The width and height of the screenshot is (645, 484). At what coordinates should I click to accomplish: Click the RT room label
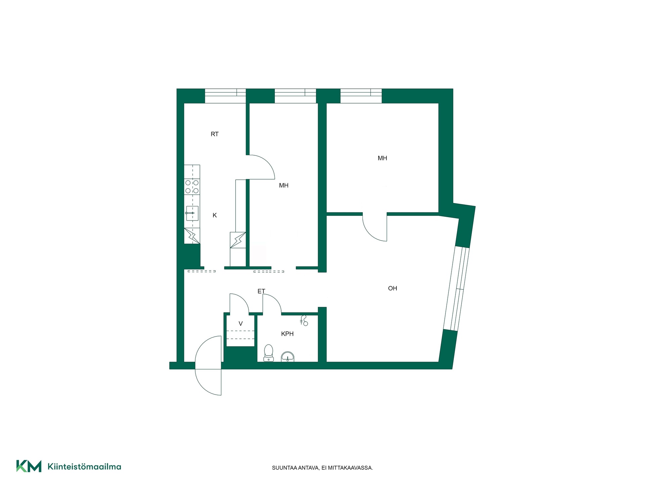tap(214, 134)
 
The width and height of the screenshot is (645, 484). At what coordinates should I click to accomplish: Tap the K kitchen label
tap(215, 215)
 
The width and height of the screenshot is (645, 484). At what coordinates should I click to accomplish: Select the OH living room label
tap(392, 288)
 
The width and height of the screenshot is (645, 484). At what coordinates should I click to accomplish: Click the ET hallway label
tap(261, 291)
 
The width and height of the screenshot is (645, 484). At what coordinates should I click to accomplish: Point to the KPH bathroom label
tap(287, 334)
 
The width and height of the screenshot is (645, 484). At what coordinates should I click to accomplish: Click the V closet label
tap(241, 324)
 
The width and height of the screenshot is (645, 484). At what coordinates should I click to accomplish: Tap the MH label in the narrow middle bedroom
tap(284, 186)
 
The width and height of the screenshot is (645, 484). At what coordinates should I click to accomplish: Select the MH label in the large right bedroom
tap(382, 158)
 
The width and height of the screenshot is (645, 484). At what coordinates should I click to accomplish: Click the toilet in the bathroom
tap(268, 353)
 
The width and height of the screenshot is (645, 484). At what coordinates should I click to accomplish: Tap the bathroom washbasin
tap(288, 357)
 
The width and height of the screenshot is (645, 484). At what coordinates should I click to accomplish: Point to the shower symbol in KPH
tap(304, 321)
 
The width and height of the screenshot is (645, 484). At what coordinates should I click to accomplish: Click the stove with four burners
tap(192, 187)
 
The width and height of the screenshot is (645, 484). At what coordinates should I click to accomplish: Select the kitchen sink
tap(192, 213)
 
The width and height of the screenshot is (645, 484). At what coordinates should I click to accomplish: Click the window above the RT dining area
tap(225, 96)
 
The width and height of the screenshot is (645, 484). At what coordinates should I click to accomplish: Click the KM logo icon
tap(29, 466)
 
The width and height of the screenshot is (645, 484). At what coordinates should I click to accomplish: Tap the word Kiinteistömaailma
tap(84, 467)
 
